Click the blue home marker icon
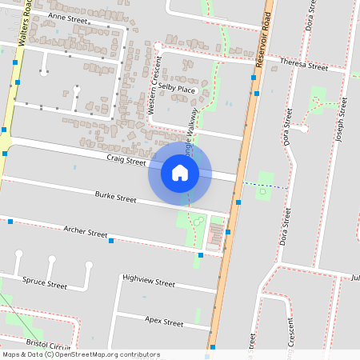tap(180, 172)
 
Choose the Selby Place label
tap(177, 88)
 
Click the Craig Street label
tap(126, 160)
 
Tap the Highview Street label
tap(148, 282)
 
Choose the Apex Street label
tap(164, 322)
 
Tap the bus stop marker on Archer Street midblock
tap(111, 240)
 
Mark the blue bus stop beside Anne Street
tap(16, 62)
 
